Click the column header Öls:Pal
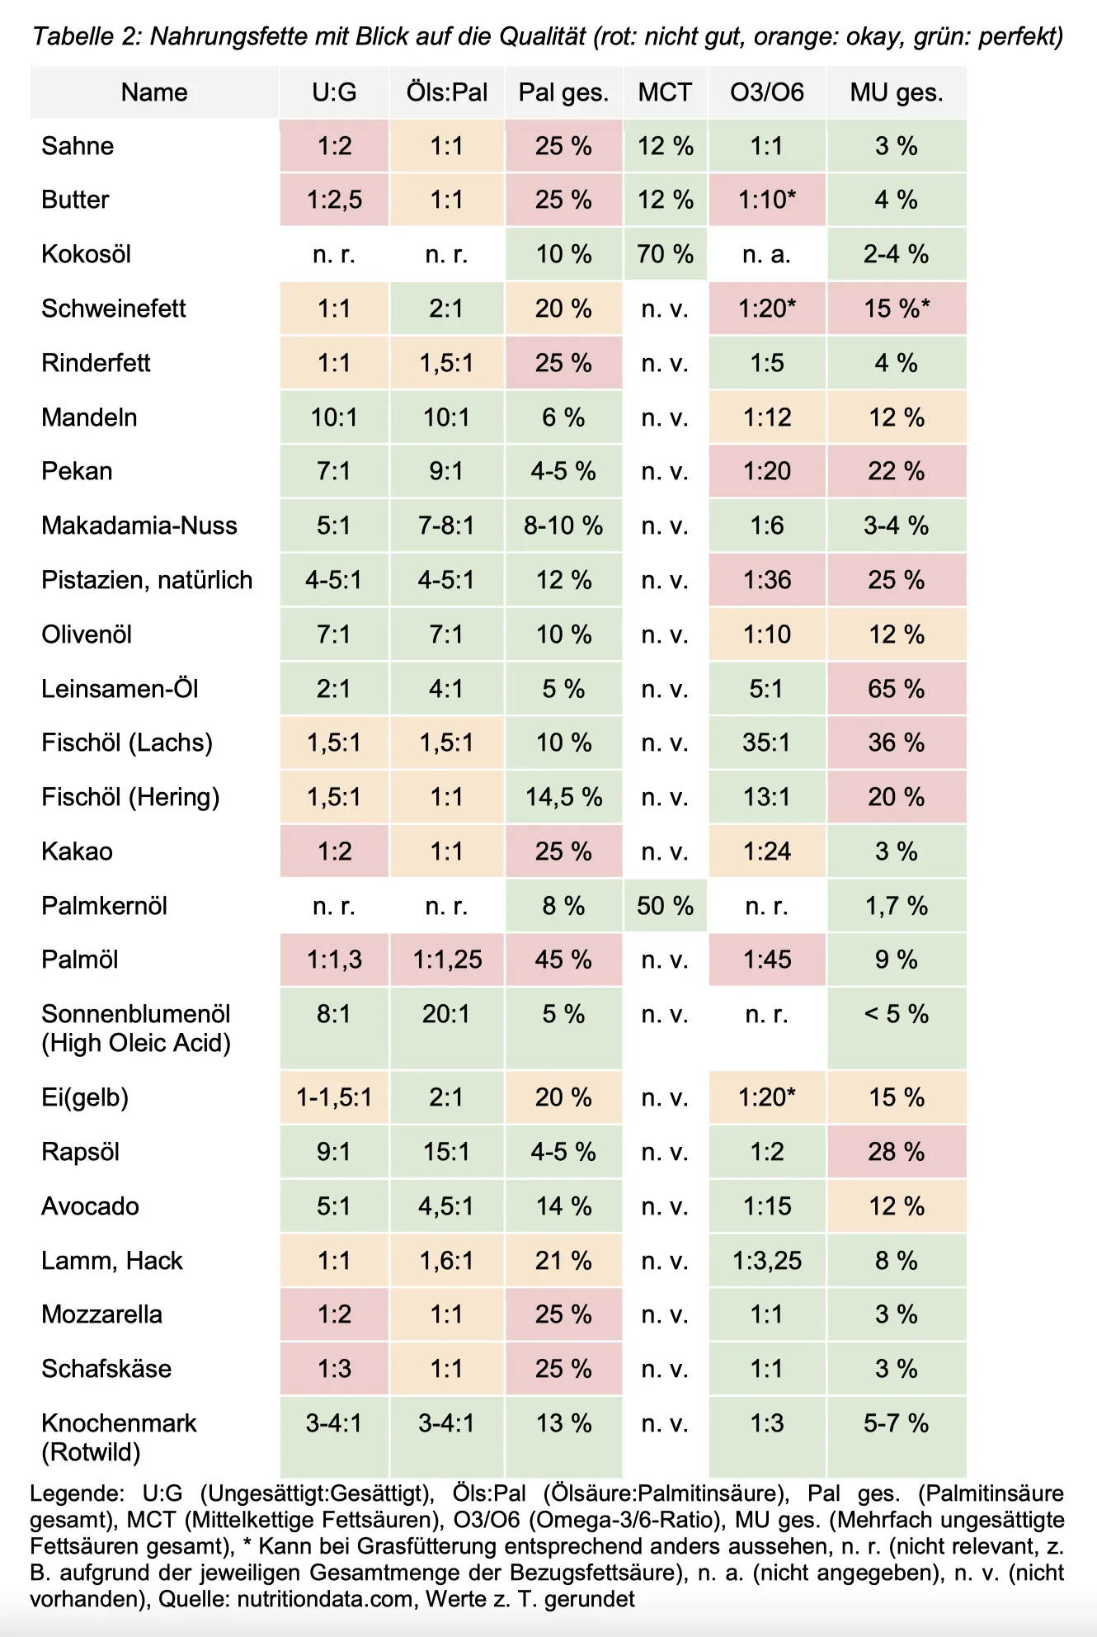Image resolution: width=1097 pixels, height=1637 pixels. coord(446,92)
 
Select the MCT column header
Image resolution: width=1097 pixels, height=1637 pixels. coord(665,92)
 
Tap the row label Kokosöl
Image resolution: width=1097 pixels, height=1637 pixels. coord(87,254)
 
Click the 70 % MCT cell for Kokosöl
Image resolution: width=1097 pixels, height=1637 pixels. coord(665,254)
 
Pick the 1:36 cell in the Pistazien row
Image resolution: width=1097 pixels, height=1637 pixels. coord(767,580)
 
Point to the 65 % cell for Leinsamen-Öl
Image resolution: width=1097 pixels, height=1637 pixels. coord(896,689)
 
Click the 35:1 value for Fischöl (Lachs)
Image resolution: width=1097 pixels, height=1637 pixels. coord(766,743)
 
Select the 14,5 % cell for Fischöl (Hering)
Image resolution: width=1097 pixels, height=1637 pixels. coord(563,797)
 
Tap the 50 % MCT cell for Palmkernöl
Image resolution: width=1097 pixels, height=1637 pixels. coord(665,906)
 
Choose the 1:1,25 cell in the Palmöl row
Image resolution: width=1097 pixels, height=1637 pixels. coord(446,960)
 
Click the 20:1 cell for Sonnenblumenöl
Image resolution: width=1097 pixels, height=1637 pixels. coord(446,1014)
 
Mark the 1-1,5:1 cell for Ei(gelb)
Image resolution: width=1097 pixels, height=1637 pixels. coord(334,1097)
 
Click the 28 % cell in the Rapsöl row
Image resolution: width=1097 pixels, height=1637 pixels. coord(896,1152)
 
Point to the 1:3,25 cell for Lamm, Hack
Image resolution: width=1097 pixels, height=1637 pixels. coord(767,1261)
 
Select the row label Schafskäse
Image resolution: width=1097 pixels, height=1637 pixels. coord(106,1369)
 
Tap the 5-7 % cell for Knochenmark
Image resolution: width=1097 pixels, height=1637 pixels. coord(896,1423)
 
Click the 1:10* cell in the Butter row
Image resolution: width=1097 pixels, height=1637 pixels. coord(767,200)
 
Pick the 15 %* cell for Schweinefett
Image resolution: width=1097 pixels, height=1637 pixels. coord(897,309)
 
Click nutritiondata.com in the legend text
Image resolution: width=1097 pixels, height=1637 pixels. coord(325,1599)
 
